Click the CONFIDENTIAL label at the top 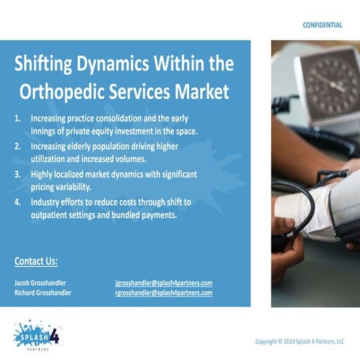tap(322, 25)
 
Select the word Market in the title tap(204, 92)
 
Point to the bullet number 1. tap(19, 118)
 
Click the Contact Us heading tap(36, 262)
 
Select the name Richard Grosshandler tap(43, 292)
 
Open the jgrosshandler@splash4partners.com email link tap(164, 282)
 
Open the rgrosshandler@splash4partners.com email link tap(164, 292)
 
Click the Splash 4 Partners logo tap(36, 335)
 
